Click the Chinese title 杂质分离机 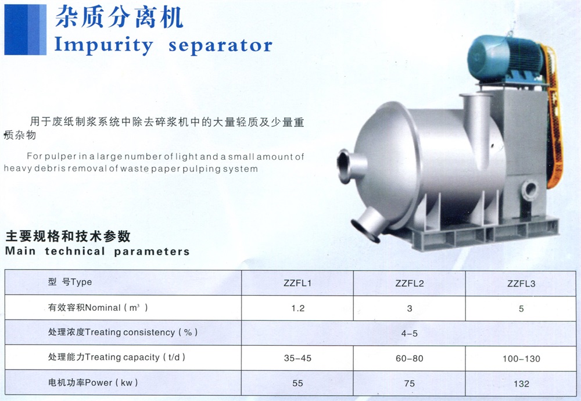(119, 17)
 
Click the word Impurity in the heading (103, 45)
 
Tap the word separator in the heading (220, 45)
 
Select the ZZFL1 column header (297, 283)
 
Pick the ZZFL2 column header (410, 284)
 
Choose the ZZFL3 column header (521, 284)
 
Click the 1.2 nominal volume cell (298, 309)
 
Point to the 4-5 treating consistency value (410, 334)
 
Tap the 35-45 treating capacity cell (297, 359)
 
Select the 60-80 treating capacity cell (410, 359)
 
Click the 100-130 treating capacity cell (521, 359)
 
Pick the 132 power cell (521, 384)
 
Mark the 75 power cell (410, 384)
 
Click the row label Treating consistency (130, 332)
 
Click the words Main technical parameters (98, 251)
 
